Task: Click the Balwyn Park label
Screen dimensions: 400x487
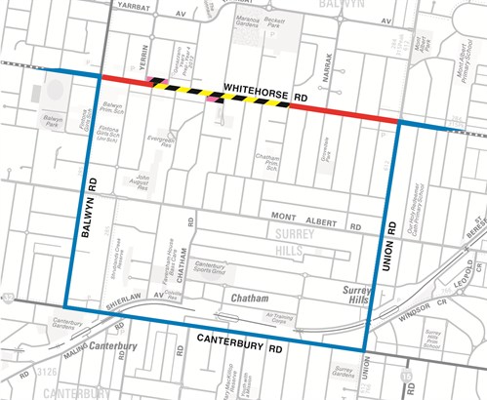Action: [x=52, y=122]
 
